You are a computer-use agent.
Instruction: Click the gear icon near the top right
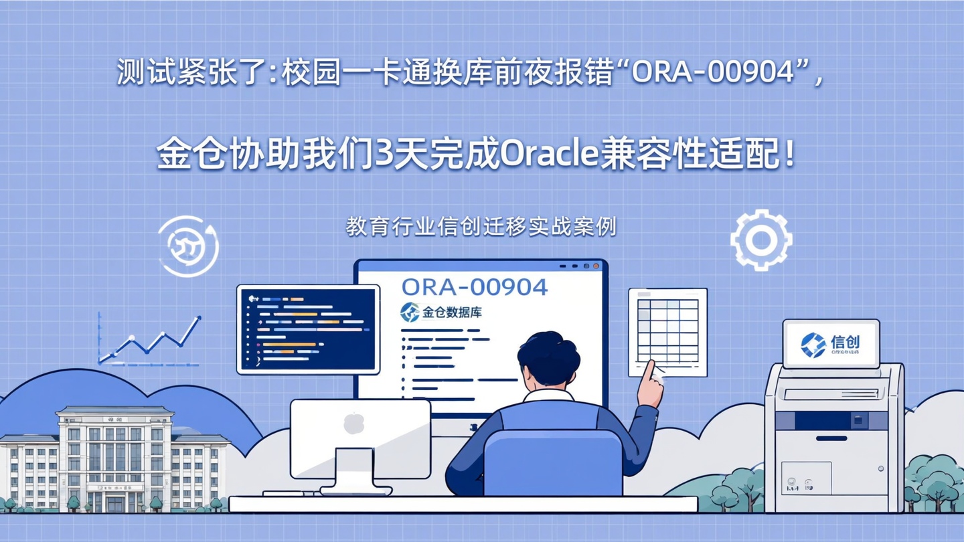click(761, 240)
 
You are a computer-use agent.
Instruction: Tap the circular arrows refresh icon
click(188, 246)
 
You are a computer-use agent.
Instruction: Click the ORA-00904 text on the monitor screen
click(475, 287)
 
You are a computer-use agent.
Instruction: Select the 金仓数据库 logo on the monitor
click(442, 312)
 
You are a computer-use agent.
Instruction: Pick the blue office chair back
click(553, 462)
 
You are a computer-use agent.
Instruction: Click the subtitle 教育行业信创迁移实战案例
click(481, 227)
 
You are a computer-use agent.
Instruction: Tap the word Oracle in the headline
click(548, 155)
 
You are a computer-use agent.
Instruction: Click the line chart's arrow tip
click(198, 319)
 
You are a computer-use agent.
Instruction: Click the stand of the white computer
click(354, 471)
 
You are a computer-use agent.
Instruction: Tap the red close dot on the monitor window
click(596, 266)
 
